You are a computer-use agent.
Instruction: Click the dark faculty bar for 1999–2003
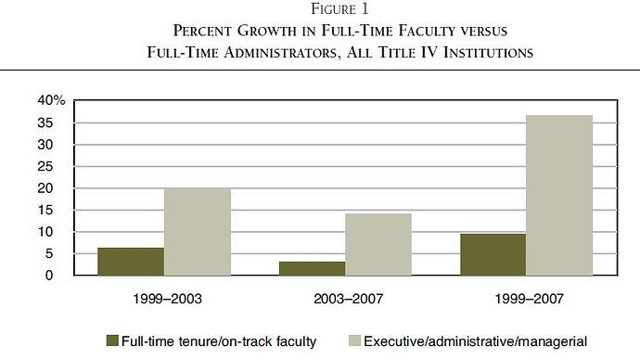(131, 262)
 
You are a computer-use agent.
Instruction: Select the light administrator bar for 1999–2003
(198, 232)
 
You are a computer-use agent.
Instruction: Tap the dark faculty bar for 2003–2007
(313, 268)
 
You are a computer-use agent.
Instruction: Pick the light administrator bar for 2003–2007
(378, 245)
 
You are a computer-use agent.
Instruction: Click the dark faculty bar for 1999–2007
(493, 255)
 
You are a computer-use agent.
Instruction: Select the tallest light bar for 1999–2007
(559, 195)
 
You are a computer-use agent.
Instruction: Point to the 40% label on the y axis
(51, 100)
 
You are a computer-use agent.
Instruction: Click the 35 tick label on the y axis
(45, 122)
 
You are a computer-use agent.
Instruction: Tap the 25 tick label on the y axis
(45, 166)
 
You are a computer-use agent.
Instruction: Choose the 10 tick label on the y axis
(45, 232)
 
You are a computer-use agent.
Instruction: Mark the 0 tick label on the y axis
(49, 276)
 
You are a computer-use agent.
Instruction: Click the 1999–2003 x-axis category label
(167, 299)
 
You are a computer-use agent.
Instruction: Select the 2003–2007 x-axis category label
(349, 299)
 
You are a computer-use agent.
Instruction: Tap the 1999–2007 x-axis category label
(530, 299)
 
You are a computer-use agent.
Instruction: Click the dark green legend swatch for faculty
(112, 341)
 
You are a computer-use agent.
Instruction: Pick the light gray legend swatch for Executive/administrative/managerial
(355, 341)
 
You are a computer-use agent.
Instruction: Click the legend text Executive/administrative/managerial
(476, 341)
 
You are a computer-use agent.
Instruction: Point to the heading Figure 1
(339, 8)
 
